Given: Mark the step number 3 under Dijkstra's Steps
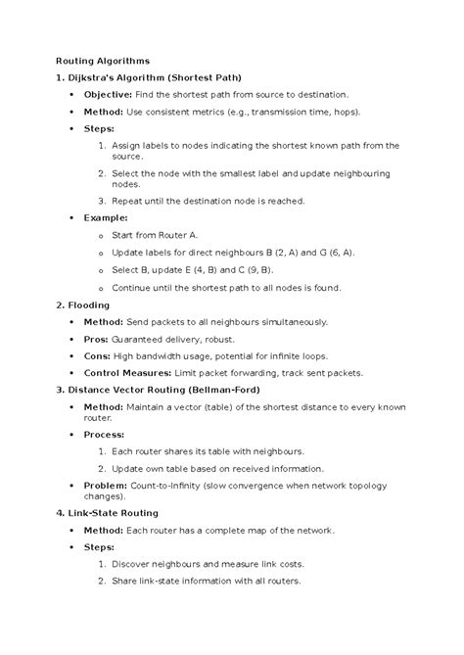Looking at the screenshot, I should [x=103, y=201].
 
